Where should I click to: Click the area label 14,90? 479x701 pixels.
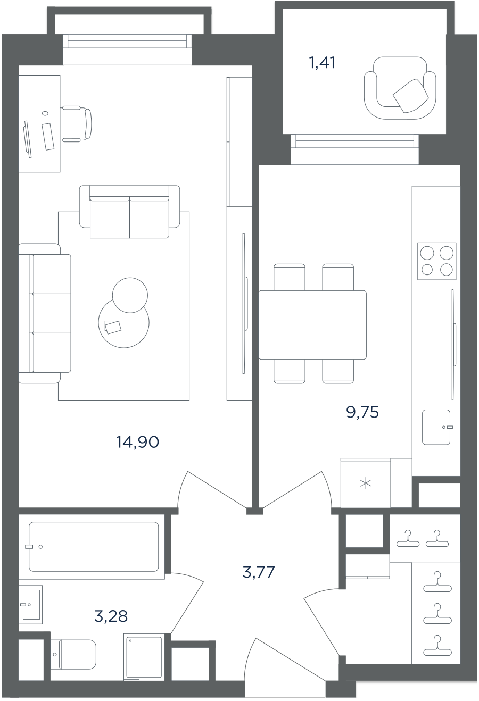point(137,442)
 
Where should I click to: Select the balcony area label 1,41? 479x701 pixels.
point(322,62)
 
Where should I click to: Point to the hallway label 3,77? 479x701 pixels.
point(259,572)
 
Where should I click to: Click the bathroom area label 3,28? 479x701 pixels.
point(111,616)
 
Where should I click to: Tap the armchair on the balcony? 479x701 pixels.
point(400,88)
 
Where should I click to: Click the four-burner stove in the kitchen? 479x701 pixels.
point(437,261)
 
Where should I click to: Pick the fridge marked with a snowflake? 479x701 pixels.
point(366,483)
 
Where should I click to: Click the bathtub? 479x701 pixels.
point(94,547)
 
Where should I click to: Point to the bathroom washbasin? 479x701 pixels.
point(31,605)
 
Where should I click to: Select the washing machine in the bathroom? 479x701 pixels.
point(144,656)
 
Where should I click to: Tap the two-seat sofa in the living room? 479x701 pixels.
point(129,212)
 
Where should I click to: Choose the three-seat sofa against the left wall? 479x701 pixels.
point(45,313)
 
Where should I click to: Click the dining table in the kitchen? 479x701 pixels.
point(312,324)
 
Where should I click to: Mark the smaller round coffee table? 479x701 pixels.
point(130,295)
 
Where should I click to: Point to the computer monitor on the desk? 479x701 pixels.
point(28,139)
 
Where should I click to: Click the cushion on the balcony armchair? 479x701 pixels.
point(410,95)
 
